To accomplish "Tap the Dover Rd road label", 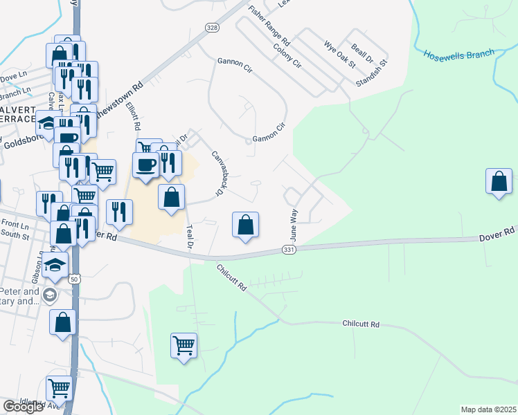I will point(497,237).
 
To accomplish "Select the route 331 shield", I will point(290,249).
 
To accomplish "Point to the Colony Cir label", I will point(287,55).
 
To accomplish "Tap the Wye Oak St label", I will point(339,55).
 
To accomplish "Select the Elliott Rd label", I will point(133,116).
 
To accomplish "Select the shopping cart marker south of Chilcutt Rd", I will point(184,344).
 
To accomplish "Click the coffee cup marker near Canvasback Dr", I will point(145,165).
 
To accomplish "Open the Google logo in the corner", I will point(23,407).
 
